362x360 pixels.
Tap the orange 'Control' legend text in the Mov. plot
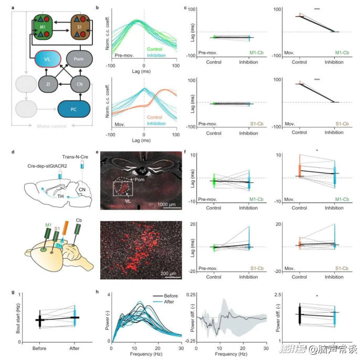pyautogui.click(x=154, y=117)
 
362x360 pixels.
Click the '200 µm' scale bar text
pyautogui.click(x=169, y=272)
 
